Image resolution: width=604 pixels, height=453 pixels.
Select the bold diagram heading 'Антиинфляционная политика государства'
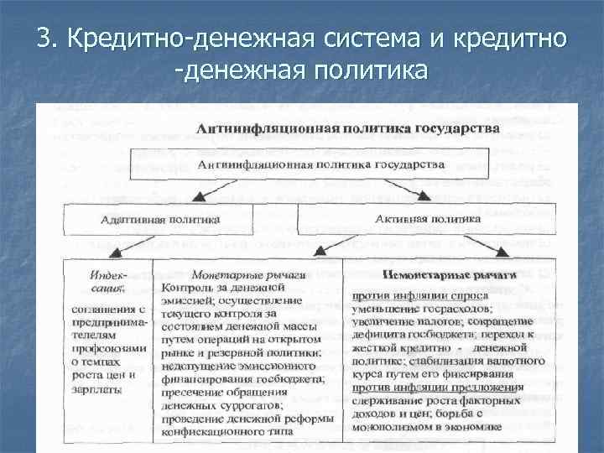(x=348, y=128)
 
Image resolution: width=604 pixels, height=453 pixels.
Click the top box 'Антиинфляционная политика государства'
(x=321, y=164)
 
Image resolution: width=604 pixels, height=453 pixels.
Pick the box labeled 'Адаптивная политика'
(x=160, y=219)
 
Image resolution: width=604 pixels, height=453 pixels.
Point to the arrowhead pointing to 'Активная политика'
(x=425, y=196)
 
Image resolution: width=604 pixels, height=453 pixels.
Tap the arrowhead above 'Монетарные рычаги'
(x=319, y=252)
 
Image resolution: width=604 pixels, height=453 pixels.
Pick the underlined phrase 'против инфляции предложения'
(x=437, y=387)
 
